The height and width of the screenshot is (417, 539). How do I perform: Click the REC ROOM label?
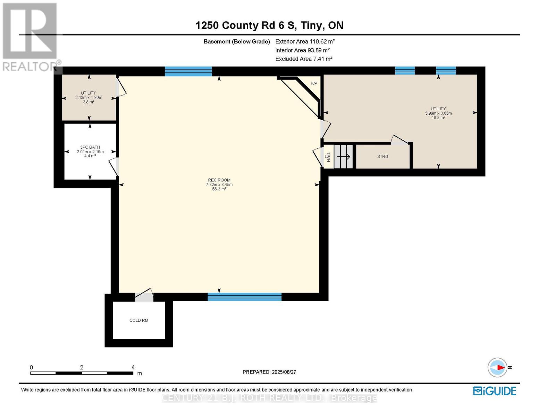coord(219,180)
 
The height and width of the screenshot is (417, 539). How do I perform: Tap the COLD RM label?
coord(139,320)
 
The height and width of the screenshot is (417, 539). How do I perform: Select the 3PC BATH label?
coord(90,147)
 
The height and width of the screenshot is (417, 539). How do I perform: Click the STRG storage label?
coord(382,157)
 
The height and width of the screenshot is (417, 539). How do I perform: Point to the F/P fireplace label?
coord(314,83)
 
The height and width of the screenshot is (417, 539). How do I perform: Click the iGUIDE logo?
coord(495,391)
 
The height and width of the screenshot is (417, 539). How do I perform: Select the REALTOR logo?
coord(31,36)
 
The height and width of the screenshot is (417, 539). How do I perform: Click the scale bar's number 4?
coord(133,367)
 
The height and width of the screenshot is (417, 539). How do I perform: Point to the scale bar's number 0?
coord(31,367)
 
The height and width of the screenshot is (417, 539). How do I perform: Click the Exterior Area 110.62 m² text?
coord(305,41)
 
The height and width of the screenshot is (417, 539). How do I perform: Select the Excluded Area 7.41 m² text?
coord(304,59)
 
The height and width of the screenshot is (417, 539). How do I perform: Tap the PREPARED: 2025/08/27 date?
coord(269,372)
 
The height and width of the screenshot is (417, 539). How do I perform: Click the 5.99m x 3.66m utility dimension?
coord(438,113)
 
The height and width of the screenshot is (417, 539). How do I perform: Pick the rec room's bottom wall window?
coord(244,297)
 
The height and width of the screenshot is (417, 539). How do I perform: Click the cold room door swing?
coord(144,295)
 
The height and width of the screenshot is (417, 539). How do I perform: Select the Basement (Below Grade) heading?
coord(237,42)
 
